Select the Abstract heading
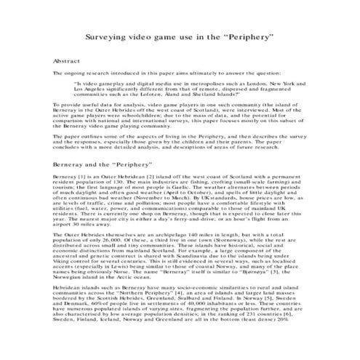69,63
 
